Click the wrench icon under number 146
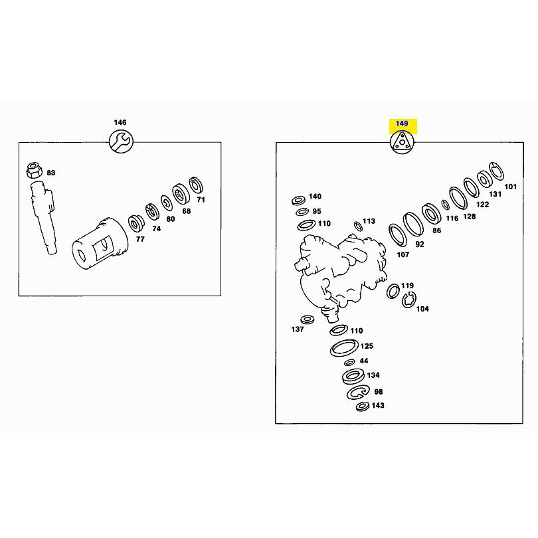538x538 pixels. (121, 141)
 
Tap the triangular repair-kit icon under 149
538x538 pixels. (402, 141)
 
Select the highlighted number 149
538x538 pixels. (402, 123)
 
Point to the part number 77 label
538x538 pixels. (140, 239)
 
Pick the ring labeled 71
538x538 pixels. (196, 185)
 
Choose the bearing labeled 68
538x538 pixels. (181, 195)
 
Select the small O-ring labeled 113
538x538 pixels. (357, 226)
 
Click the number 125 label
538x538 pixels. (367, 346)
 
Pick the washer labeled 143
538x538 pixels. (363, 406)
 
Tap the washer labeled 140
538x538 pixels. (299, 200)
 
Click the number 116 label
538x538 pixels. (452, 219)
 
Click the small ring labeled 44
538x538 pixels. (349, 363)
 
